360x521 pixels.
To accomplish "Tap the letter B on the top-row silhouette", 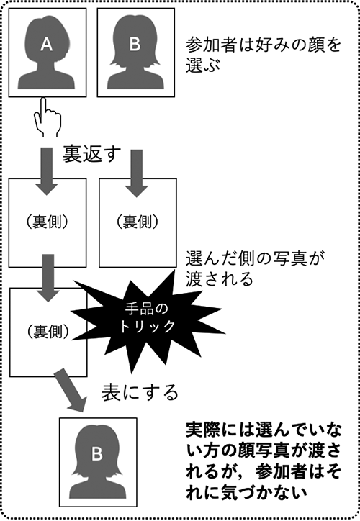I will (135, 45).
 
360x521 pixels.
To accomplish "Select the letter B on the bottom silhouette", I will (97, 454).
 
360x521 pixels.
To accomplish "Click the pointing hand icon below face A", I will (47, 117).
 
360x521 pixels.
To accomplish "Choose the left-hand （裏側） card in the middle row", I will (47, 220).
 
